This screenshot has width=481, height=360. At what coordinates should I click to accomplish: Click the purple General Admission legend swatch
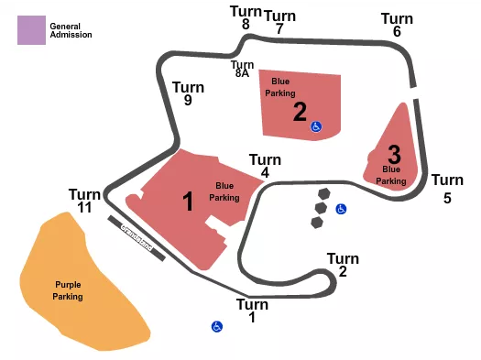31,30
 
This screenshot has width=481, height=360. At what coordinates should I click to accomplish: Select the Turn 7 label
279,22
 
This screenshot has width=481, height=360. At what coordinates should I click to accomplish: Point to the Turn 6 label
397,25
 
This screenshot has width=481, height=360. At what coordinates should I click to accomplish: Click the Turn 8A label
242,70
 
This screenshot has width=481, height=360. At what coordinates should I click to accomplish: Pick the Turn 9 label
188,93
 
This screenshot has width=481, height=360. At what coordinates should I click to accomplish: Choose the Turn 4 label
265,166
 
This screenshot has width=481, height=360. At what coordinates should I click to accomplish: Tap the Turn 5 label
447,188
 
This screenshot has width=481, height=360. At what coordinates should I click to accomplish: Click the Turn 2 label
343,265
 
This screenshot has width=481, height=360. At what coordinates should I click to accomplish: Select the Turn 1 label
252,311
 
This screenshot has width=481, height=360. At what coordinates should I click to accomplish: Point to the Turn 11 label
84,201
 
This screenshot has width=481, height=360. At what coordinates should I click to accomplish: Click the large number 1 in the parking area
189,202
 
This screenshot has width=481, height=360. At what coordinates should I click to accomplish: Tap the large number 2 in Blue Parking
300,112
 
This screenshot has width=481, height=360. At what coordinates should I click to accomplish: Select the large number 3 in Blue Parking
394,153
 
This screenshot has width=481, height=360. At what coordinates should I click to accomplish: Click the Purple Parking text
68,290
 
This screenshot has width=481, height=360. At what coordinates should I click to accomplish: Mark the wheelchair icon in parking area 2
316,127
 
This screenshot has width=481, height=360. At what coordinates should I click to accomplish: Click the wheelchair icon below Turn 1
217,326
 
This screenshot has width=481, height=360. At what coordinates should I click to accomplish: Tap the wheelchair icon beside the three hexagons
341,209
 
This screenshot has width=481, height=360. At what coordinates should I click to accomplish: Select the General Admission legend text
71,30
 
